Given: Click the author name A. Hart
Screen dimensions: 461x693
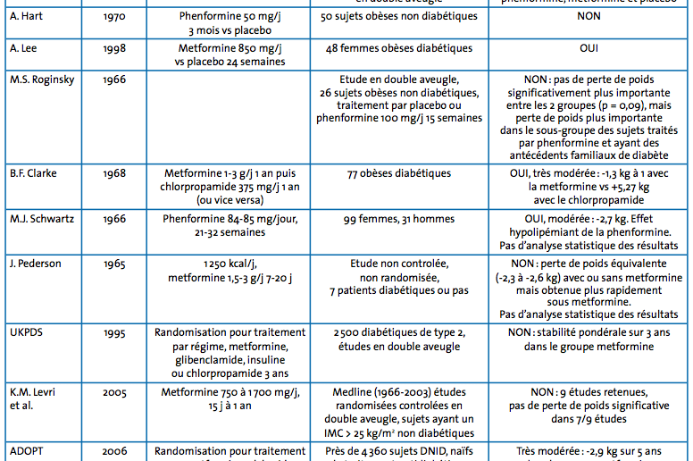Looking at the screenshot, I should coord(27,16).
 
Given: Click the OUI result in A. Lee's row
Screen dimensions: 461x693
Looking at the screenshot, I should coord(589,48).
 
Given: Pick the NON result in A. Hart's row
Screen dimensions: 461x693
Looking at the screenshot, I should coord(589,16).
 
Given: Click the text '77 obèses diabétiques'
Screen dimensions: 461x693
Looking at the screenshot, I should coord(399,173).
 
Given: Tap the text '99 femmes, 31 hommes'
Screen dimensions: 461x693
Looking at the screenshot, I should coord(399,219).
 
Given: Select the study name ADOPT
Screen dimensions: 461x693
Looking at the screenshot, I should coord(27,453).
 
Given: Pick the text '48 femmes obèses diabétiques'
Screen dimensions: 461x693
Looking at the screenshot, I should coord(399,48).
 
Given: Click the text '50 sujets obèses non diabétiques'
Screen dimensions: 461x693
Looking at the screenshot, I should coord(399,16).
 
